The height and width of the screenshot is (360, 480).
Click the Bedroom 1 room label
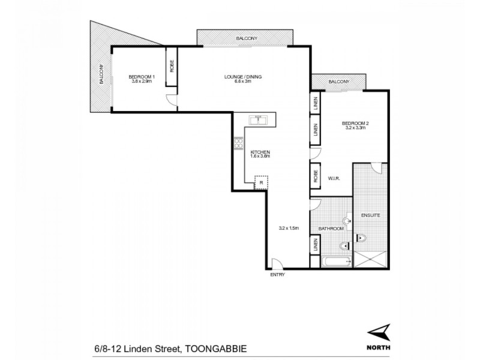tap(142, 76)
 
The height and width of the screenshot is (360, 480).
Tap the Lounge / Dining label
tap(243, 76)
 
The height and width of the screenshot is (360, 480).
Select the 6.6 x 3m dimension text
tap(243, 82)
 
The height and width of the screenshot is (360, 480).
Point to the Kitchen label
tap(260, 152)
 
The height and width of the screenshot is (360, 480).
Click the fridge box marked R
tap(262, 182)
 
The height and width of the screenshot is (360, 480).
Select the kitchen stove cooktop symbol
tap(238, 144)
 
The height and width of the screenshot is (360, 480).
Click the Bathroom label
tap(330, 229)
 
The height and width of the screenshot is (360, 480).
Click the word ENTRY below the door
tap(277, 275)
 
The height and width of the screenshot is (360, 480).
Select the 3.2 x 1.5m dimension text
tap(289, 228)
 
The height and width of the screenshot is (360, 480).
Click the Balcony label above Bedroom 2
tap(339, 81)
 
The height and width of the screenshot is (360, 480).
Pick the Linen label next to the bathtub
tap(314, 245)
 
